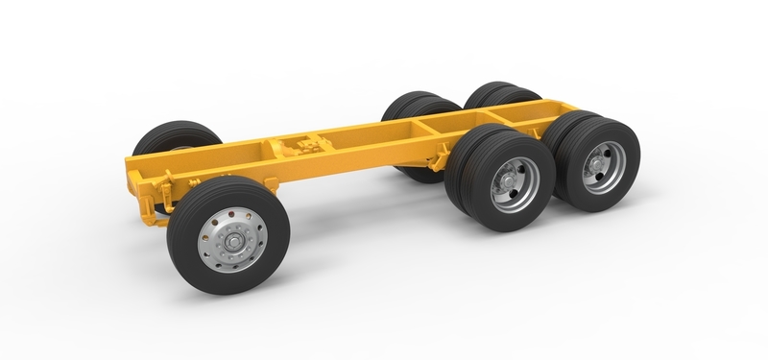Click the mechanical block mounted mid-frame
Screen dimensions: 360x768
302,151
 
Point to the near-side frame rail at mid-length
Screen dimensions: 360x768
355,154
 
